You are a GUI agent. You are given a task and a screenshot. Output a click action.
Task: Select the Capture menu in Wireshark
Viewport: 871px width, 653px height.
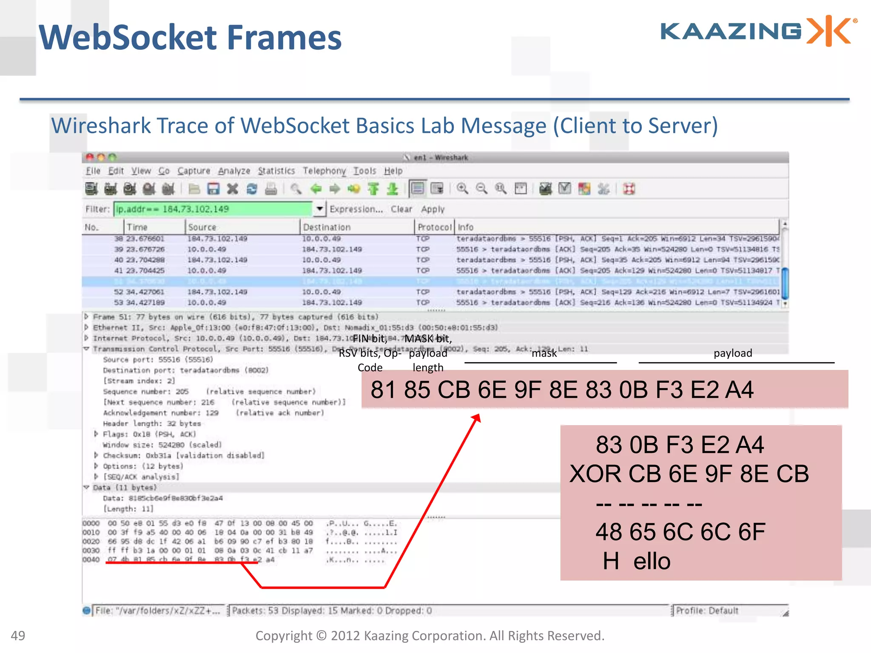pos(194,171)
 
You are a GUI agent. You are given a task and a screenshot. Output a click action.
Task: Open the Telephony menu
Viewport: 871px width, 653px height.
pos(324,171)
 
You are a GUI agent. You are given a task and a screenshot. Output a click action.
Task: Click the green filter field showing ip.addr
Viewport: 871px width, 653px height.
pos(213,209)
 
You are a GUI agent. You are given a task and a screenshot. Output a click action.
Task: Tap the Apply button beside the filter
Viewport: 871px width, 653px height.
pos(433,209)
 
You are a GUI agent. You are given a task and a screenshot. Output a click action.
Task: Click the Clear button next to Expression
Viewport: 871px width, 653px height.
pos(401,209)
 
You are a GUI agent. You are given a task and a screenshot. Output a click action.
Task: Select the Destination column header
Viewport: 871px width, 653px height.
pos(327,227)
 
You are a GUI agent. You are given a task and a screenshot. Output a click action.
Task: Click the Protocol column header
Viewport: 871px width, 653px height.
pos(434,227)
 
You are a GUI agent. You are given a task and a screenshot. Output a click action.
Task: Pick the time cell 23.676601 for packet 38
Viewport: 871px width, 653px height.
pos(145,238)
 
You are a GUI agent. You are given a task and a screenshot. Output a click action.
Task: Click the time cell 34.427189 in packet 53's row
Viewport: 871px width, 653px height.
pos(145,302)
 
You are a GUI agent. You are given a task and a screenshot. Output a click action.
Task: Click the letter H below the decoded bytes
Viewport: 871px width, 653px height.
pos(611,561)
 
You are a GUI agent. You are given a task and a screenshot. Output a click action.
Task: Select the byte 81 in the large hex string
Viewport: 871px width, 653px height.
pos(383,389)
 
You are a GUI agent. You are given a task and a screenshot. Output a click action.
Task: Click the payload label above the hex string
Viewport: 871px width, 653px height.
pos(732,353)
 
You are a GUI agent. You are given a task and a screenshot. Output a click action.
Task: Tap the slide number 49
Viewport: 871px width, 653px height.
pos(18,636)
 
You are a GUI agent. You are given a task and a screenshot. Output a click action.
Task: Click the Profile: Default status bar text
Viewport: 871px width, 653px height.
pos(707,611)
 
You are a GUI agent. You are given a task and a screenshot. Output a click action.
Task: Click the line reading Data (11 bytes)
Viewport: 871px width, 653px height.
pos(125,488)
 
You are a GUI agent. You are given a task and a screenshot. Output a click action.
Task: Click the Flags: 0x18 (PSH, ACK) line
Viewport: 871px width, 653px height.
pos(149,434)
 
